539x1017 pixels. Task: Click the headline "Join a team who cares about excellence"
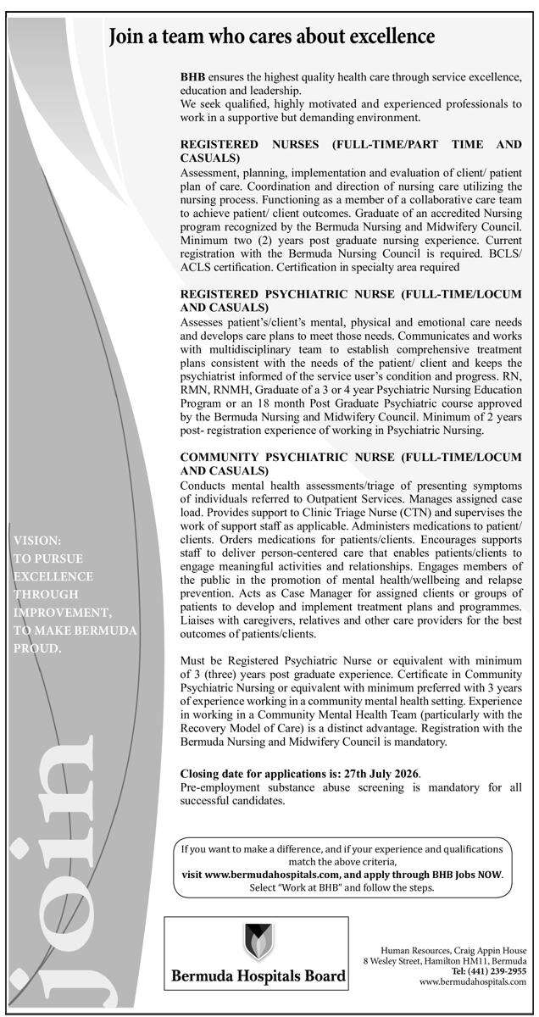[x=272, y=36]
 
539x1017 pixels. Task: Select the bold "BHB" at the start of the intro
[x=193, y=76]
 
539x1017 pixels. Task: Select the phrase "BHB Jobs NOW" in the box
[x=465, y=873]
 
